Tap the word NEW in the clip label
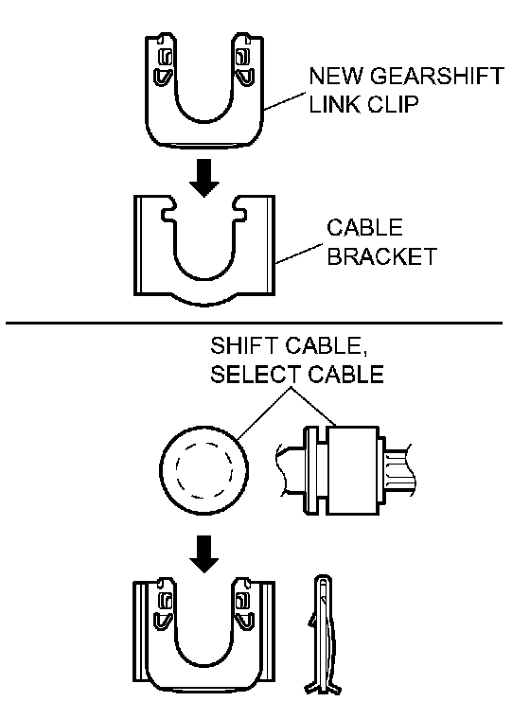pyautogui.click(x=336, y=76)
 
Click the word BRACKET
pyautogui.click(x=381, y=256)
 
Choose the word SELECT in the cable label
pyautogui.click(x=256, y=375)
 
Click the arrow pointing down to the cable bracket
pyautogui.click(x=204, y=178)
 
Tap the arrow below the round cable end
pyautogui.click(x=204, y=554)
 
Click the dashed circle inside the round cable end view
pyautogui.click(x=204, y=470)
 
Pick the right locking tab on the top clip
pyautogui.click(x=244, y=67)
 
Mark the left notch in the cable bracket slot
pyautogui.click(x=168, y=215)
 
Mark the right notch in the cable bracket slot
pyautogui.click(x=240, y=215)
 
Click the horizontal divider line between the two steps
pyautogui.click(x=254, y=324)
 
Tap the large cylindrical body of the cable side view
pyautogui.click(x=352, y=470)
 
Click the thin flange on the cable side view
pyautogui.click(x=310, y=470)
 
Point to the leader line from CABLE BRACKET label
pyautogui.click(x=299, y=254)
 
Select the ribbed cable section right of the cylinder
pyautogui.click(x=400, y=470)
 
